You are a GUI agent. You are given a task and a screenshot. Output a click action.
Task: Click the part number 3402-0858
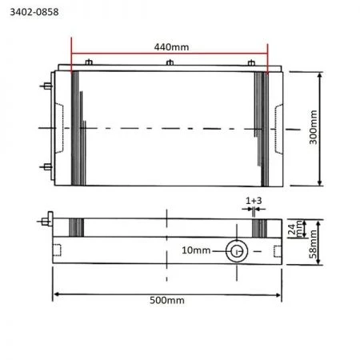[34, 12]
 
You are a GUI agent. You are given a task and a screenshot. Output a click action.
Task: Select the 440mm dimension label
[171, 47]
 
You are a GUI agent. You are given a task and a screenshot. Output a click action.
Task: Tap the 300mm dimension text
[314, 127]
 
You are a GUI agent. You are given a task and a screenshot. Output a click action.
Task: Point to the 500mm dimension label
[167, 300]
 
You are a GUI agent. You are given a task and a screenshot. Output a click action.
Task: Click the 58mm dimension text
[314, 244]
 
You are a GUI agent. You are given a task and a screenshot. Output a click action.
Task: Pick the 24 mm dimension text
[295, 229]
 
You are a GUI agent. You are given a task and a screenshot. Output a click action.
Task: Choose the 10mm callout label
[196, 250]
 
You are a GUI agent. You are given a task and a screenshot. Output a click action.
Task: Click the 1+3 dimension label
[254, 201]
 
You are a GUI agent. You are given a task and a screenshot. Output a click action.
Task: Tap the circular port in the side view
[237, 251]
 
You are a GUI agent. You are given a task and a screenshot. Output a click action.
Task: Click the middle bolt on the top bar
[170, 62]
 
